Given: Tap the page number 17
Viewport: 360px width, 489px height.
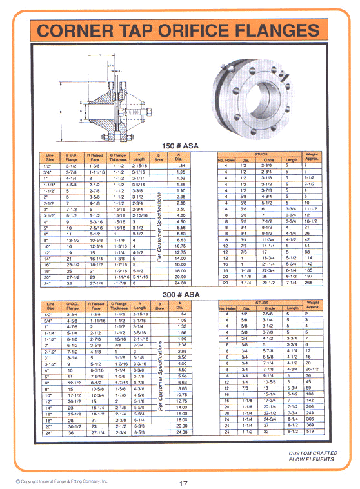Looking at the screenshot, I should click(183, 483).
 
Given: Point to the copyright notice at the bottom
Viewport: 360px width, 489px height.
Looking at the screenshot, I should click(62, 481).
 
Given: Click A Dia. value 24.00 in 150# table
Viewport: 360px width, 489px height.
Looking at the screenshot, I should click(181, 282).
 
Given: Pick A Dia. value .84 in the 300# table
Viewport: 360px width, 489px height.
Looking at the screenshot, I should click(181, 314).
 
